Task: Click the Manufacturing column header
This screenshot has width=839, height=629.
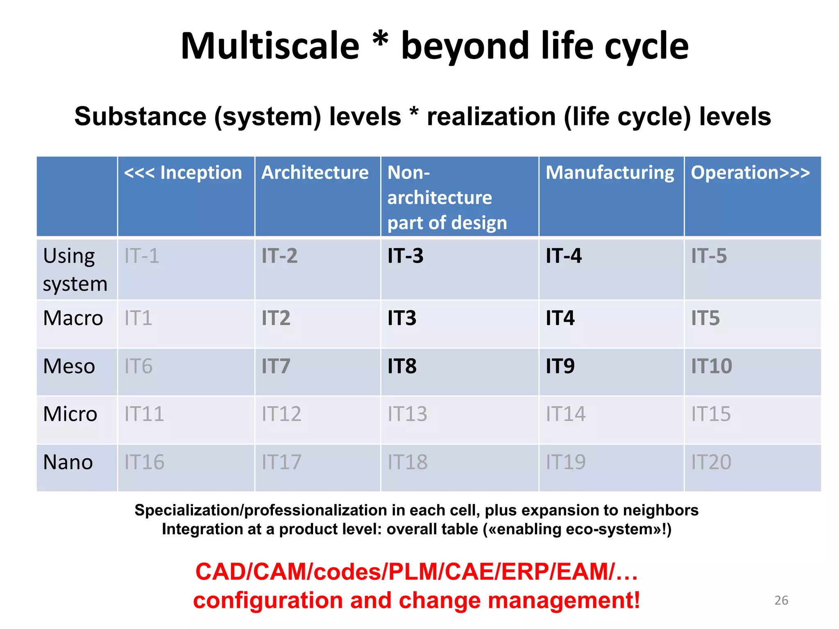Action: pos(610,173)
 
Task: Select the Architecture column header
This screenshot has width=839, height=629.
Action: pos(315,173)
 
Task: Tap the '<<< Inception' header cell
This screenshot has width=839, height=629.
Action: pos(183,173)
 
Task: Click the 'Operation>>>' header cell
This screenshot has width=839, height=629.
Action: pos(750,173)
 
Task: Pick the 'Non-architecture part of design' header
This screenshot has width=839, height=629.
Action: pos(447,197)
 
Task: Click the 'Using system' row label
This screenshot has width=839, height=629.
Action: pos(75,269)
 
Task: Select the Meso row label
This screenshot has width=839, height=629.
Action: pos(69,366)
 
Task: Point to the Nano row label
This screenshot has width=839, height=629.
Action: pos(68,462)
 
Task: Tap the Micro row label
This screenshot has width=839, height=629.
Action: pos(70,414)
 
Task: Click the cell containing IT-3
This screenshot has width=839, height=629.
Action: pos(406,256)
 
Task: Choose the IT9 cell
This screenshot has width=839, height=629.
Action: pos(560,366)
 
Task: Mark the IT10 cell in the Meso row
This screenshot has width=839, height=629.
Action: pos(711,366)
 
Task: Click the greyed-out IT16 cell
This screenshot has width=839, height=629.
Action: pos(144,462)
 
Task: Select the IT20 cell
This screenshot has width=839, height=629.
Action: pos(711,462)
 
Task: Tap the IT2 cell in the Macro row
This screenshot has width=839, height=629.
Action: pos(276,318)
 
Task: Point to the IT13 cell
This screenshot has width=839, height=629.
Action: pos(407,414)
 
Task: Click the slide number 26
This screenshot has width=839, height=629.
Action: pos(781,600)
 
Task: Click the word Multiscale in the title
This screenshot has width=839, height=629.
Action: pos(270,46)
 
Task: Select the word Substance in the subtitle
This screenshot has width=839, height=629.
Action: pos(140,117)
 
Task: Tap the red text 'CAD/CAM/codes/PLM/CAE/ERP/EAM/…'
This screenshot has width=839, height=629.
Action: pos(416,572)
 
